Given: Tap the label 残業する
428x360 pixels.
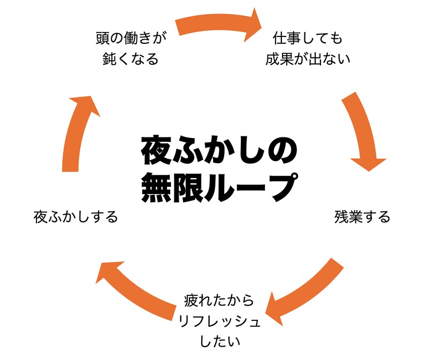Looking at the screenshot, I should click(x=362, y=217).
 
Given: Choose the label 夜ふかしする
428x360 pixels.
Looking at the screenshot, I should click(x=75, y=217).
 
